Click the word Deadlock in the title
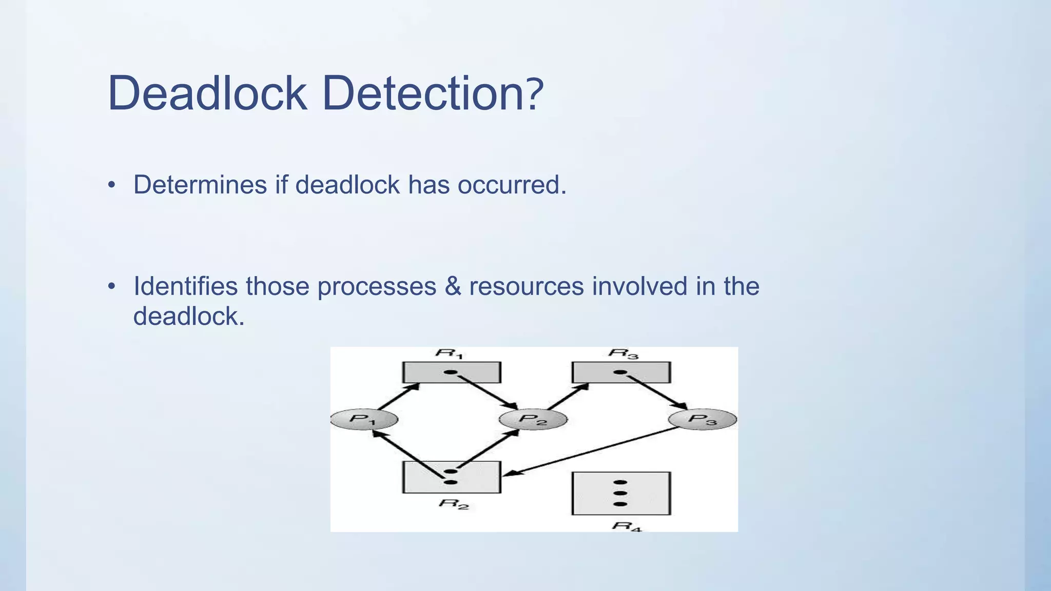tap(207, 93)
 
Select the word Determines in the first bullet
tap(200, 185)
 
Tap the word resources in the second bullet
tap(526, 286)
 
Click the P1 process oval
tap(363, 420)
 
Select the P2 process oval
tap(533, 420)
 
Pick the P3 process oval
tap(702, 420)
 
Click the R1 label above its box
tap(450, 353)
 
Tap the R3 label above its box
tap(622, 353)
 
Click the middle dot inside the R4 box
tap(620, 493)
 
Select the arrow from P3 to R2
tap(590, 451)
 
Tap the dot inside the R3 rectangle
tap(620, 372)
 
